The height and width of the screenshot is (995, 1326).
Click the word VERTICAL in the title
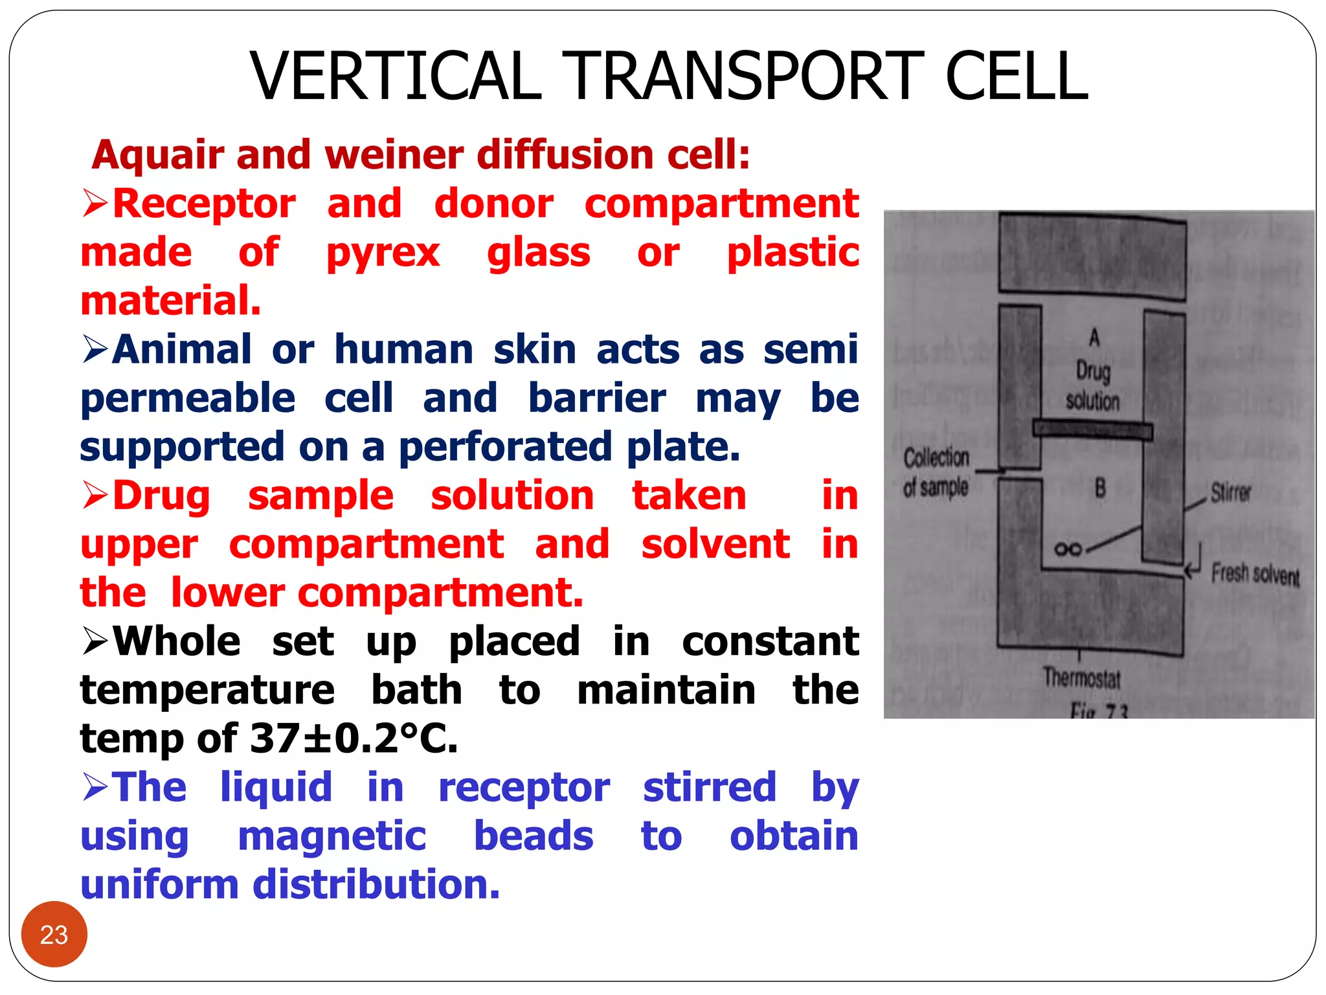pyautogui.click(x=395, y=76)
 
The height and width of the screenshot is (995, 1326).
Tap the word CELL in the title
pyautogui.click(x=1017, y=76)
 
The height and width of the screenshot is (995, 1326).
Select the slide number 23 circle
pyautogui.click(x=54, y=934)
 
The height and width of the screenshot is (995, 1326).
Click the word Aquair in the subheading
pyautogui.click(x=158, y=155)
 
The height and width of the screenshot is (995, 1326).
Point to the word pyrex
pyautogui.click(x=383, y=253)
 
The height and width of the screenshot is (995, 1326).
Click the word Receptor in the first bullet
pyautogui.click(x=205, y=204)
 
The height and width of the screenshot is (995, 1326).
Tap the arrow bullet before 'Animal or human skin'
pyautogui.click(x=95, y=350)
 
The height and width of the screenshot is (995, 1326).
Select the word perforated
pyautogui.click(x=505, y=447)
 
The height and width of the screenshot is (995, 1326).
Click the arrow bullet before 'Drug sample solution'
pyautogui.click(x=95, y=496)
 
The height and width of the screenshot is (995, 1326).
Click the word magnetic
pyautogui.click(x=332, y=836)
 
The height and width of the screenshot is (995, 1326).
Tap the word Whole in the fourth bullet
pyautogui.click(x=177, y=641)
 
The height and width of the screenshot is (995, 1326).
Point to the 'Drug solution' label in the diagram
pyautogui.click(x=1093, y=386)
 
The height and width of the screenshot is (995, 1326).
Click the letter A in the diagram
pyautogui.click(x=1094, y=337)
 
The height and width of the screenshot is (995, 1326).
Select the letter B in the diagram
pyautogui.click(x=1100, y=487)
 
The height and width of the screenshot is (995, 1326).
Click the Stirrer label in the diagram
pyautogui.click(x=1231, y=493)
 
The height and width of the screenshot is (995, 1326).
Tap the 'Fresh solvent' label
pyautogui.click(x=1255, y=574)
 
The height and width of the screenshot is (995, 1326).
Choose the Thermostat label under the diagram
pyautogui.click(x=1081, y=678)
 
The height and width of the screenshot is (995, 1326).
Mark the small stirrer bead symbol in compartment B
pyautogui.click(x=1068, y=549)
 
